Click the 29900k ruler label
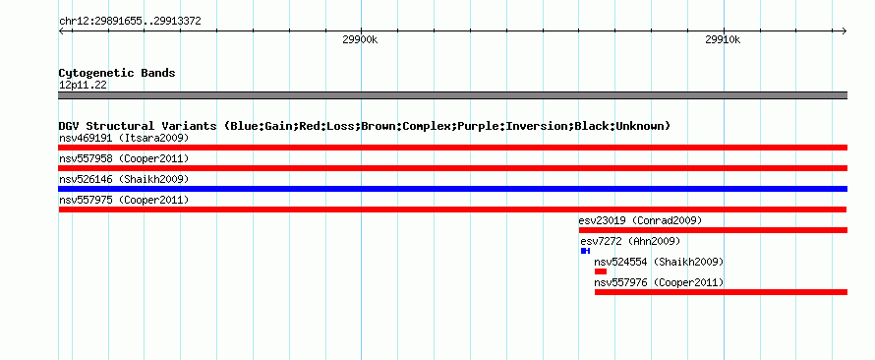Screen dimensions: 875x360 (x=361, y=39)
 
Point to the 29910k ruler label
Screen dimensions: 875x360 (x=724, y=39)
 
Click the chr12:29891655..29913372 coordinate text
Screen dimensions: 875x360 (x=130, y=22)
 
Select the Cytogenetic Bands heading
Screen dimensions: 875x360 (x=117, y=73)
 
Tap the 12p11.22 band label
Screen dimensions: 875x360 (x=83, y=85)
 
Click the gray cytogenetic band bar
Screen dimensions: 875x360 (x=452, y=95)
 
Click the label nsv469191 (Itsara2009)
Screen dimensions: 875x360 (x=124, y=138)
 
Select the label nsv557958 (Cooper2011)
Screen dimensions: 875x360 (x=124, y=158)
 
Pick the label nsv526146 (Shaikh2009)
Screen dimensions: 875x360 (x=124, y=179)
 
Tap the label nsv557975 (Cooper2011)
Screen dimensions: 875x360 (x=124, y=200)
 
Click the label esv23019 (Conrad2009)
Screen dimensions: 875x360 (x=640, y=220)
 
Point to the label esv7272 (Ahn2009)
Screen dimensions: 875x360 (x=630, y=241)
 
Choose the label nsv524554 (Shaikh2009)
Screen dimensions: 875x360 (x=659, y=262)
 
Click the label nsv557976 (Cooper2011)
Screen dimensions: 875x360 (x=659, y=282)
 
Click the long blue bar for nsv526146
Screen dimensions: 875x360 (x=452, y=189)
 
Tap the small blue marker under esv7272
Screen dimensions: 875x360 (x=585, y=251)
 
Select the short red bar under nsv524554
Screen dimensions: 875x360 (x=601, y=271)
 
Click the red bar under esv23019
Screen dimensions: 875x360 (x=713, y=230)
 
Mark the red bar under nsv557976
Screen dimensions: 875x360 (x=721, y=292)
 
